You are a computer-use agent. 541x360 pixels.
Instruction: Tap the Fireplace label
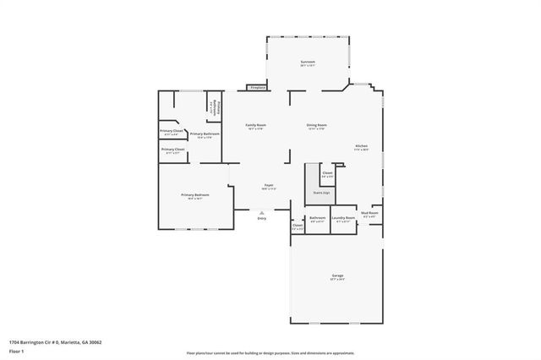coord(257,87)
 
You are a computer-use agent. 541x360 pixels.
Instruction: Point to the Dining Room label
coord(316,126)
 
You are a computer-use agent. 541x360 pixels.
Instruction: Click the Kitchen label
coord(361,147)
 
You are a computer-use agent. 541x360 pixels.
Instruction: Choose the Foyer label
coord(268,185)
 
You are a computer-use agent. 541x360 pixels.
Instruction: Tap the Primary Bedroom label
coord(194,195)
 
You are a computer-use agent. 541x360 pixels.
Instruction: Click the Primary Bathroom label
coord(205,134)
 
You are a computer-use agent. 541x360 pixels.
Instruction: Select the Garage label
coord(337,276)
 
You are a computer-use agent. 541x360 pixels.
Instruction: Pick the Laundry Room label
coord(343,218)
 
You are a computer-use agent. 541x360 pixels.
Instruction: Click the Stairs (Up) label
coord(321,193)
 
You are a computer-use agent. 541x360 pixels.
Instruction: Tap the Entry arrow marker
coord(261,213)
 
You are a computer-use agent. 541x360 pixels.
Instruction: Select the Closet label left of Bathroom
coord(298,226)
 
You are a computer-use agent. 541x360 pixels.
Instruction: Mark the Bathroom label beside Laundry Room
coord(317,218)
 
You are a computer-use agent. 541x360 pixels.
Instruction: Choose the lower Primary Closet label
coord(172,150)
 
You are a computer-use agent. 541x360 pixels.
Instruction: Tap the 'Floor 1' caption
coord(17,350)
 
